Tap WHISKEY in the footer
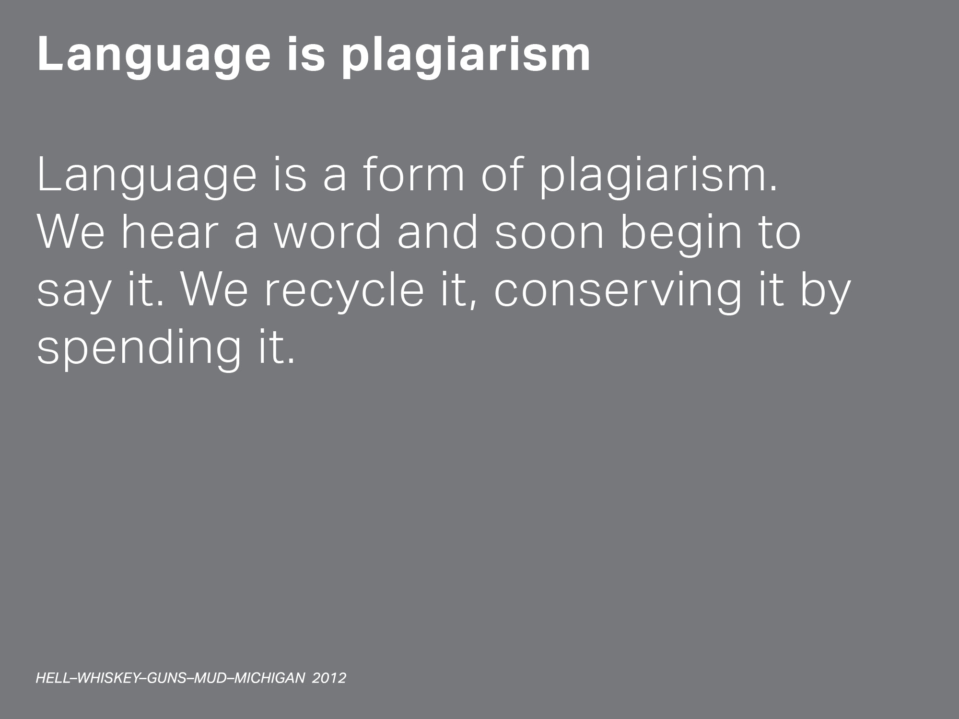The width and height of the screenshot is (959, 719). [108, 678]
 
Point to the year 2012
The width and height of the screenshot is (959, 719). [329, 678]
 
